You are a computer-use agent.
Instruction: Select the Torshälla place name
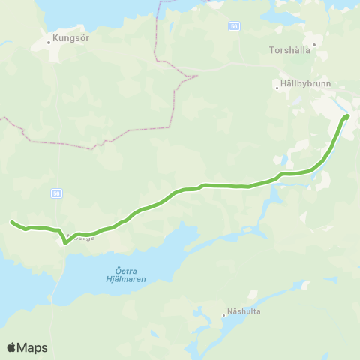pyautogui.click(x=289, y=52)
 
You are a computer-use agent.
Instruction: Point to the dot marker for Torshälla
pyautogui.click(x=316, y=44)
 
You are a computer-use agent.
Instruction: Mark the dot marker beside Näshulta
pyautogui.click(x=223, y=315)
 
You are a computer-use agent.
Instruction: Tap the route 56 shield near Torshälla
pyautogui.click(x=235, y=25)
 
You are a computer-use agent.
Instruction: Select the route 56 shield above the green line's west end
pyautogui.click(x=56, y=193)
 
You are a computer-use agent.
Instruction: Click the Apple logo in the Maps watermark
pyautogui.click(x=11, y=347)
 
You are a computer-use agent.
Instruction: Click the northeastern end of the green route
pyautogui.click(x=347, y=116)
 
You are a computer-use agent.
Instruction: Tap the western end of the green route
pyautogui.click(x=11, y=221)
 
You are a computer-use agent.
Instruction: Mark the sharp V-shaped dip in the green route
pyautogui.click(x=65, y=241)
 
